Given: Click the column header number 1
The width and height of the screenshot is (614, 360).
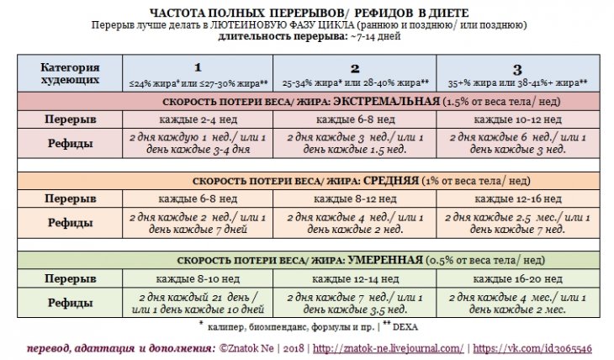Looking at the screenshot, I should tap(198, 67).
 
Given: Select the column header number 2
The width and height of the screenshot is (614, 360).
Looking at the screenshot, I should tap(355, 67).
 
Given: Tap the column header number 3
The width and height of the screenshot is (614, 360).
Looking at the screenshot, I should tap(517, 67).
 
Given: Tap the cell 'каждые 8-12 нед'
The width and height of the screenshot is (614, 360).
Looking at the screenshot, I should tap(355, 198).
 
